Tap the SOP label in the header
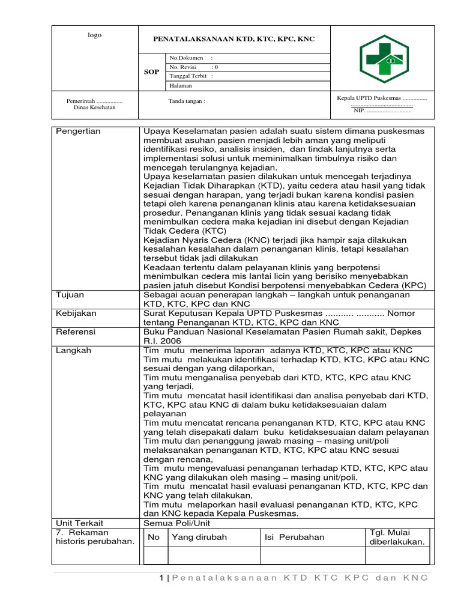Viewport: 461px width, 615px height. [x=151, y=71]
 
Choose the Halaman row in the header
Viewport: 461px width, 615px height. [x=181, y=86]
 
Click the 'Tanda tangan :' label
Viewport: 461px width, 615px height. [x=187, y=101]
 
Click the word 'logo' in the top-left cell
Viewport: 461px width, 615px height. [x=95, y=35]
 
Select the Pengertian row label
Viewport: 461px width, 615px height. [x=78, y=131]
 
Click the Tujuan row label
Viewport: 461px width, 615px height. [x=70, y=295]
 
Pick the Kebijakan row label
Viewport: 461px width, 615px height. [x=76, y=314]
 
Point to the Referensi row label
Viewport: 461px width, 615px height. [x=76, y=332]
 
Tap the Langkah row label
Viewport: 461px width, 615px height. [x=73, y=350]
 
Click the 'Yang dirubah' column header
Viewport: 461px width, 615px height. [x=199, y=537]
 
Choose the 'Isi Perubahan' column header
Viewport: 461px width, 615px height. [x=294, y=537]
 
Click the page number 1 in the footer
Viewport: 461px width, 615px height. [x=161, y=578]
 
